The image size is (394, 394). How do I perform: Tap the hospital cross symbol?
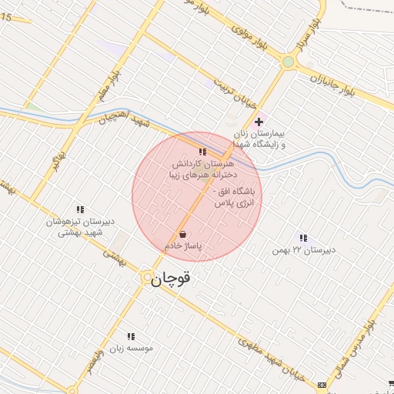point(259,122)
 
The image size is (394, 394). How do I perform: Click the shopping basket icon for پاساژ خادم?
point(182,234)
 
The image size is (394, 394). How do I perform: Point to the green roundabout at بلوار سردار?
point(288,62)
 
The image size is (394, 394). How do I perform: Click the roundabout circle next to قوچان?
point(146,276)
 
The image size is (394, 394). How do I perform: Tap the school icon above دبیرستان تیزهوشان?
point(79,209)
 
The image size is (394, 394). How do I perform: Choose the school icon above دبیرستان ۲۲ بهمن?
point(303,239)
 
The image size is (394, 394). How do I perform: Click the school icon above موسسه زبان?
point(131,336)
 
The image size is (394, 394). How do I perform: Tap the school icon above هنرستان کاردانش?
point(202,152)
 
